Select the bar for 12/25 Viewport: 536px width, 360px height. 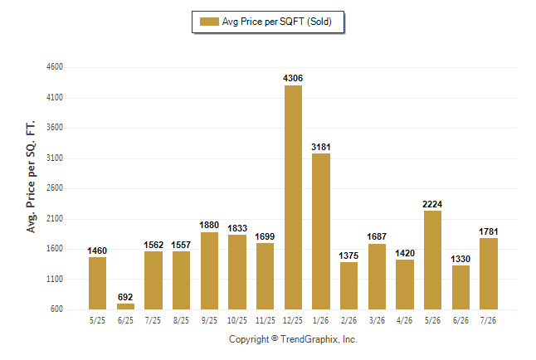pos(293,197)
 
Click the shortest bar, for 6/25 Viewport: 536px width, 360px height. pos(125,306)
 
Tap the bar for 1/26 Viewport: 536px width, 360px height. pos(321,231)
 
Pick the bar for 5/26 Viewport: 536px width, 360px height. pos(432,260)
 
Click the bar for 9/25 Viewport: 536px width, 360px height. pos(209,270)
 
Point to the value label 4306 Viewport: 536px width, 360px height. pos(293,78)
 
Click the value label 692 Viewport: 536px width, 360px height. pos(125,297)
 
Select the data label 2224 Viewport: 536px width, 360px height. pos(432,204)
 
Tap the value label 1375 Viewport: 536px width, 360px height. pos(348,255)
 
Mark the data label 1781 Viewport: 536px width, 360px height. pos(489,231)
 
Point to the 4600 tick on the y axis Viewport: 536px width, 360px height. pos(55,66)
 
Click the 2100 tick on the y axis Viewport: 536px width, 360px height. pos(55,218)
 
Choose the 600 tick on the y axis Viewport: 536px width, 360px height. pos(56,309)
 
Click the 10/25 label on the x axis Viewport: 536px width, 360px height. pos(237,320)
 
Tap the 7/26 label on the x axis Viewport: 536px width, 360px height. pos(488,320)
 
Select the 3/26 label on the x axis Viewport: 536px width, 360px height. pos(377,320)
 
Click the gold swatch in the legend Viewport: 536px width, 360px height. pos(209,22)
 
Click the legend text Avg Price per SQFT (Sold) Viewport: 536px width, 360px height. pos(277,22)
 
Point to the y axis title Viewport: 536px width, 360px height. pos(31,177)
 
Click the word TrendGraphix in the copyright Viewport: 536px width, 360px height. pos(309,339)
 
